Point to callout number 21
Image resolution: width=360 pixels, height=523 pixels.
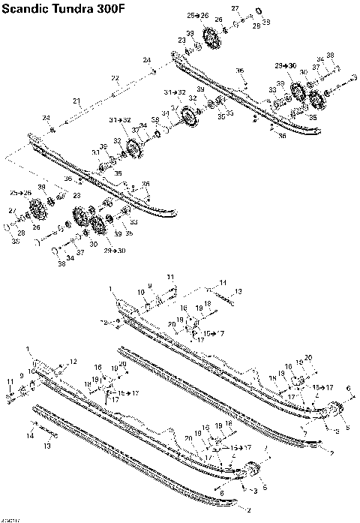76,100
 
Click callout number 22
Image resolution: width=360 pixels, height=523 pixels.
115,78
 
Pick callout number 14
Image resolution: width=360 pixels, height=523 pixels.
31,435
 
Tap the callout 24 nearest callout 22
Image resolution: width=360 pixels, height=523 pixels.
147,60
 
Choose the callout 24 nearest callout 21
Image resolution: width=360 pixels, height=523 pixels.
46,118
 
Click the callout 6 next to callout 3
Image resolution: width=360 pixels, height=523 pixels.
221,492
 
